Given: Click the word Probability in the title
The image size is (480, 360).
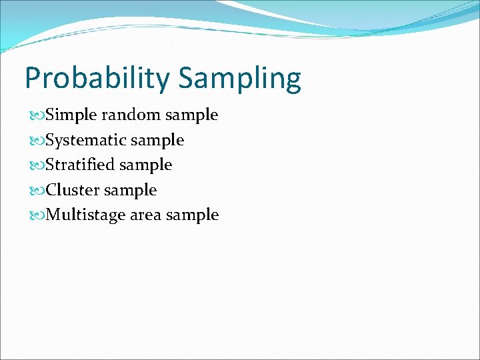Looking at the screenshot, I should (x=97, y=79).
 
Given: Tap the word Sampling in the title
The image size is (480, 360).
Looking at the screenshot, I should (x=239, y=79).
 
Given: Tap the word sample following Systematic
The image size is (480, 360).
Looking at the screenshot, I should (x=158, y=141).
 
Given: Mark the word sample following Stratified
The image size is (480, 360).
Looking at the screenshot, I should (x=146, y=165).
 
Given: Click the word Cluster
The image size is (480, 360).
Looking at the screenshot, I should (x=74, y=190).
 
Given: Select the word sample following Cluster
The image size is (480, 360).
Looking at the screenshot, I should (x=131, y=191).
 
